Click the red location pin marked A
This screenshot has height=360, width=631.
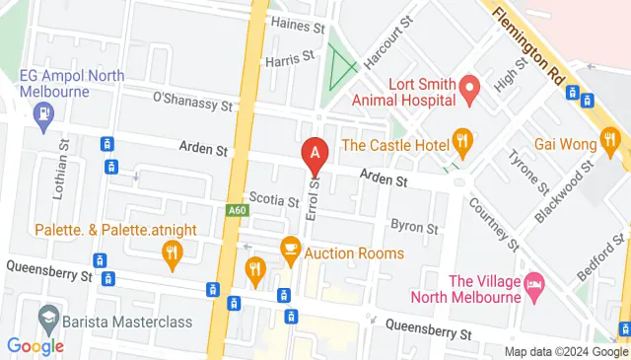coord(315,153)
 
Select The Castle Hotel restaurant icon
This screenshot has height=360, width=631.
coord(458,138)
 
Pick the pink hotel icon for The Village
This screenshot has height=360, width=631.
coord(533,284)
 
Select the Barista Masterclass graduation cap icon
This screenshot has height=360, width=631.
coord(45,318)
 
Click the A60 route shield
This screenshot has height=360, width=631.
coord(236,210)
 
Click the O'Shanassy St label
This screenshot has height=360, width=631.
coord(193,101)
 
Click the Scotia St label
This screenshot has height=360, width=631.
coord(274,201)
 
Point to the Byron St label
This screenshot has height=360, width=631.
coord(414,227)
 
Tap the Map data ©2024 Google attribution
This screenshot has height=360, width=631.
coord(566,352)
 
